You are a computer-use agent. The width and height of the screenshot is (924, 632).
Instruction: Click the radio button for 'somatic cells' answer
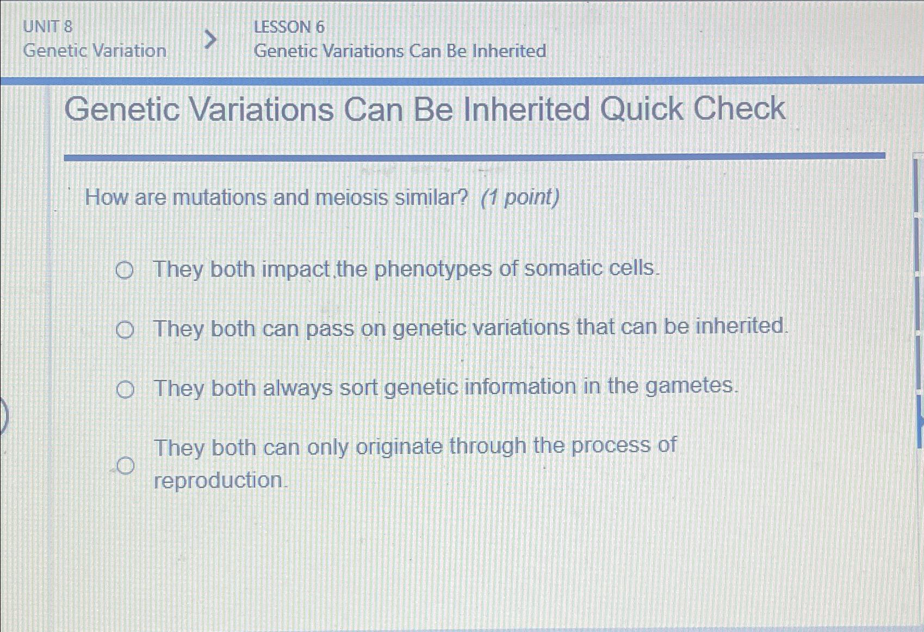[x=125, y=270]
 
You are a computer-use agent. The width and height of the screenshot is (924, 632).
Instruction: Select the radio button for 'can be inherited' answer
[x=125, y=330]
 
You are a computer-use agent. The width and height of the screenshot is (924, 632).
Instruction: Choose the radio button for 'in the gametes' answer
[x=125, y=390]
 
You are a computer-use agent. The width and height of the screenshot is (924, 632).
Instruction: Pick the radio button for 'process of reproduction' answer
[x=125, y=466]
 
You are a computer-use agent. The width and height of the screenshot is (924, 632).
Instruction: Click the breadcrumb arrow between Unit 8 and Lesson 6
[x=210, y=39]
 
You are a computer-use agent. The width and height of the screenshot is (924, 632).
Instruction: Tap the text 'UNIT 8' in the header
[x=48, y=26]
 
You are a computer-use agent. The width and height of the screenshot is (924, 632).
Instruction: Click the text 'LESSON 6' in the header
[x=289, y=27]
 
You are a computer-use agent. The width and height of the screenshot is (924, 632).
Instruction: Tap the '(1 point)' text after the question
[x=520, y=197]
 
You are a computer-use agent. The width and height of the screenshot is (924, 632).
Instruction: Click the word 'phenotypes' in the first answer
[x=432, y=269]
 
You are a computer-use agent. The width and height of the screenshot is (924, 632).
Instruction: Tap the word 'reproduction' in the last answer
[x=219, y=480]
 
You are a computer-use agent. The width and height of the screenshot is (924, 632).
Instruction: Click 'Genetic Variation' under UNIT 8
[x=95, y=51]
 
